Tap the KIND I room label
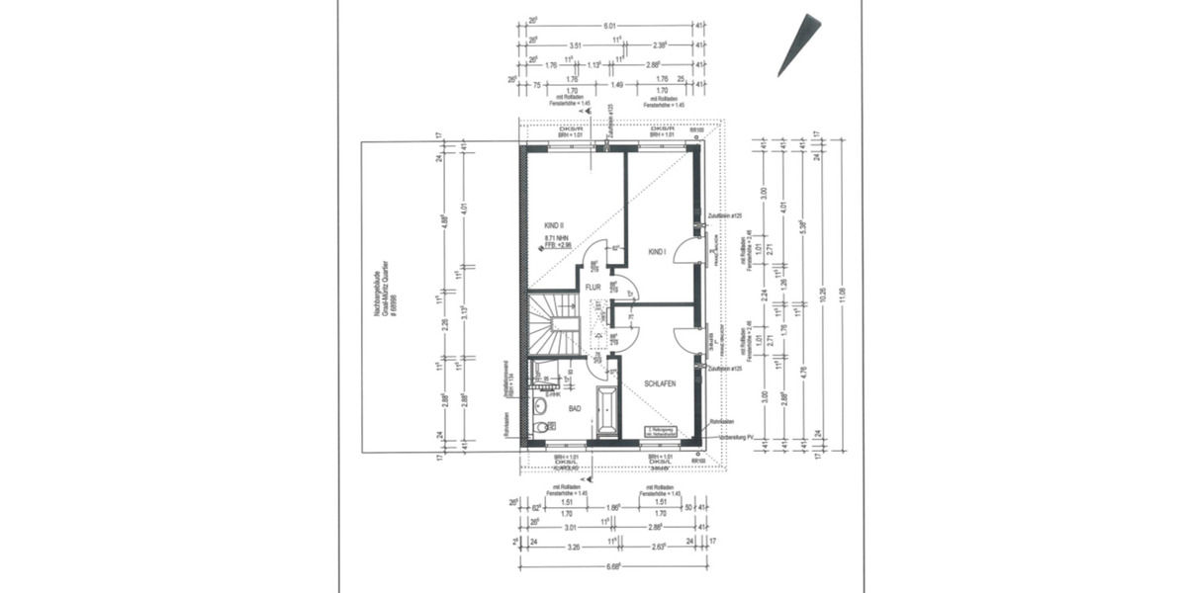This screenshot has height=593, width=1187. coord(657,253)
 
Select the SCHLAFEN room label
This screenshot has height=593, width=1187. coord(660,383)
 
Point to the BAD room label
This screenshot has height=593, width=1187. coord(574,407)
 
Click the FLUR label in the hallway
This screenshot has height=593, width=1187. coord(593,288)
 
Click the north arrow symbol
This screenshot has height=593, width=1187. coord(798,44)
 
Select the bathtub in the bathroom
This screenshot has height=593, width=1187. coord(607,411)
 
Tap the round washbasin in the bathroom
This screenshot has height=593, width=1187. coord(540,405)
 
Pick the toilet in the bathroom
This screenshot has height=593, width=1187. coord(540,428)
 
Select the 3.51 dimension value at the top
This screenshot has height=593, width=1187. coord(575,44)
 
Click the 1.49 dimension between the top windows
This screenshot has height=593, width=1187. coord(617,86)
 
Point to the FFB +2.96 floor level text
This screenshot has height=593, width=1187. coord(558,247)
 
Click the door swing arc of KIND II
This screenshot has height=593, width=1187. coord(594,258)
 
